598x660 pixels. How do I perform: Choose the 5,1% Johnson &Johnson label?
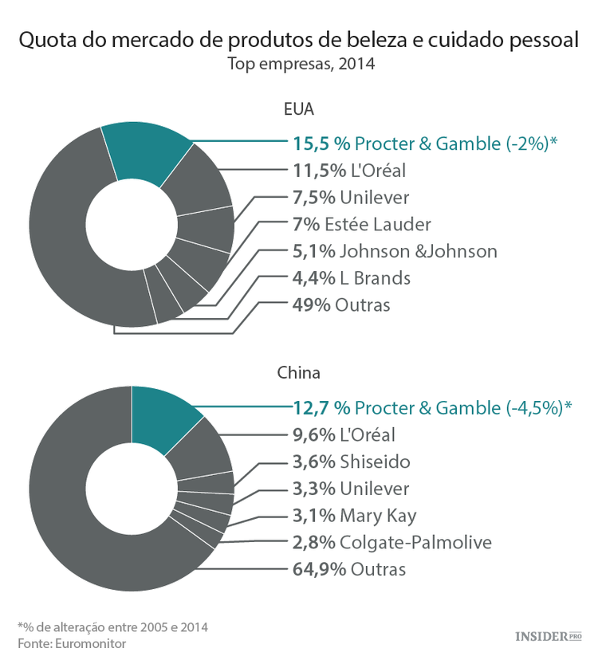(395, 251)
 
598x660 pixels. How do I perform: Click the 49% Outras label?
(342, 305)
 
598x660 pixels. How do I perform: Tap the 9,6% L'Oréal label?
(344, 434)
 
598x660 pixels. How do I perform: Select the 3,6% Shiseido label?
(352, 462)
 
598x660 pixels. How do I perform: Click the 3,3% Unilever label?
(352, 489)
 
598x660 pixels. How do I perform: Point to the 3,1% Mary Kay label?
(355, 516)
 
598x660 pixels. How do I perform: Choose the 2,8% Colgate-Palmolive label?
(392, 543)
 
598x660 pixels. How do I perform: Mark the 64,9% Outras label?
(349, 570)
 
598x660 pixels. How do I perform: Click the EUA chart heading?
(298, 109)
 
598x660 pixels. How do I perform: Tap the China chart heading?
(298, 372)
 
